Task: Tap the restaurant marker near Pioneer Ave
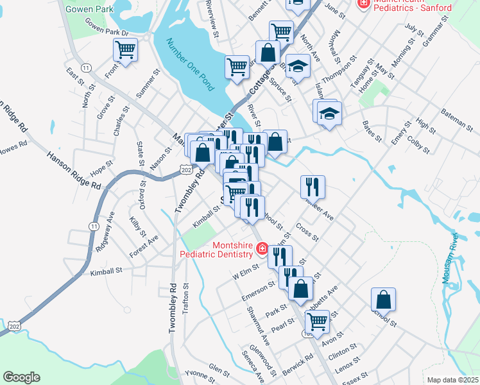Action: (313, 186)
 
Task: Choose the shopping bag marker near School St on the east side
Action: (383, 298)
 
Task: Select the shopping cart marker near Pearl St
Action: (317, 321)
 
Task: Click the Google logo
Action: (21, 377)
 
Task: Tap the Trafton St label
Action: (186, 298)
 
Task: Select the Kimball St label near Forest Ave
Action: (106, 271)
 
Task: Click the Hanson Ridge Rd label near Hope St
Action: (74, 169)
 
